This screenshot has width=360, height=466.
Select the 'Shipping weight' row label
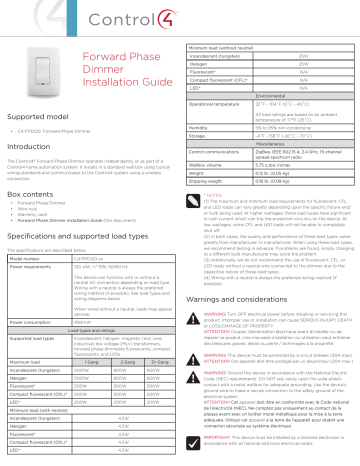tap(214, 180)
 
